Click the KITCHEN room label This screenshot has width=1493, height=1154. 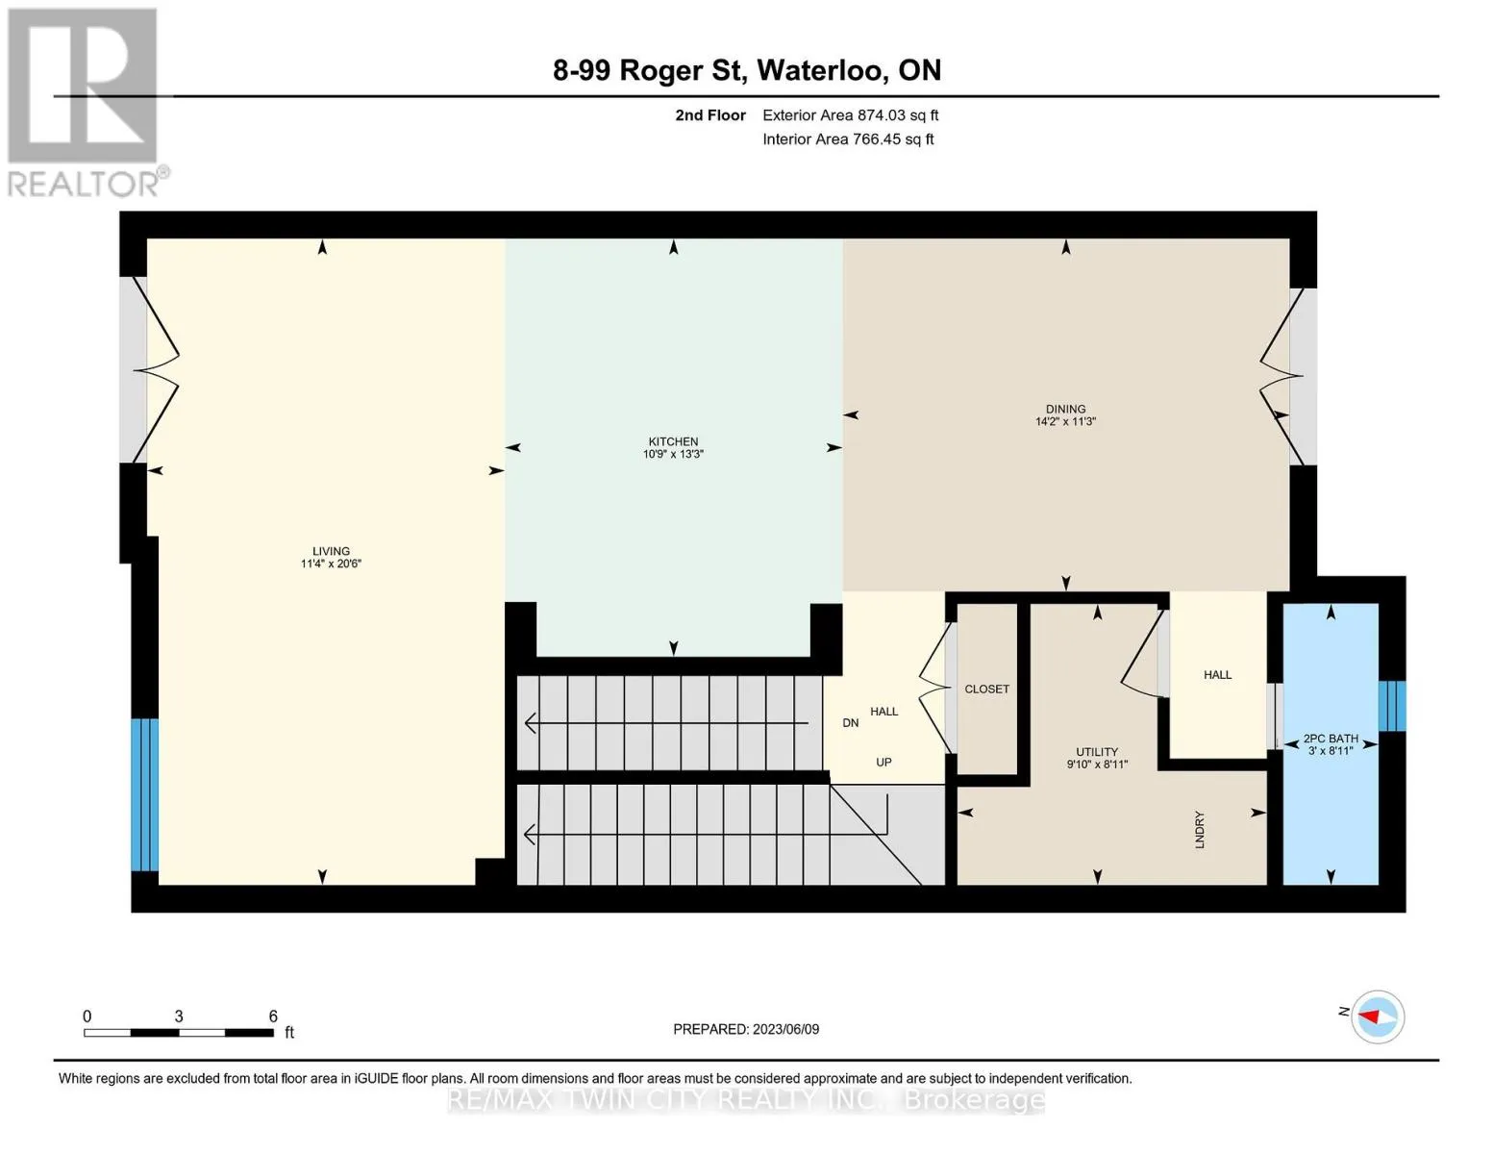673,441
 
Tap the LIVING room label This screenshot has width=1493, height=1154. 331,551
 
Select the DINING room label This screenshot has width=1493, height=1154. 1065,409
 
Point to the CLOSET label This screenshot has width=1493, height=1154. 986,689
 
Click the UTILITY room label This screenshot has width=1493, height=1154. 1097,752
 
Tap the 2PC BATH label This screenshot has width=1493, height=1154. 1331,739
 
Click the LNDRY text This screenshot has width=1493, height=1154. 1200,830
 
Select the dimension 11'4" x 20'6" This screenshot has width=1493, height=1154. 331,564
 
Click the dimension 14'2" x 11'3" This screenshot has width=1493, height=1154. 1065,421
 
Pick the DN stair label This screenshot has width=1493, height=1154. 851,722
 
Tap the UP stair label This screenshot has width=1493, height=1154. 883,762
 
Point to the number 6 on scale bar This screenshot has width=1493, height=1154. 273,1016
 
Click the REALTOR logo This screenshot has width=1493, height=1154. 86,103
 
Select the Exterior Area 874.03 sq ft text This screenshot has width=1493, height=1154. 850,114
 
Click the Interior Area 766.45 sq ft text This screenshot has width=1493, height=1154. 848,138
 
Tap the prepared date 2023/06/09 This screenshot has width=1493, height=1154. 785,1029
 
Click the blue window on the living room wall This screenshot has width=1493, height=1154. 144,794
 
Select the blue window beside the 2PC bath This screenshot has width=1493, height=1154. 1391,706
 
